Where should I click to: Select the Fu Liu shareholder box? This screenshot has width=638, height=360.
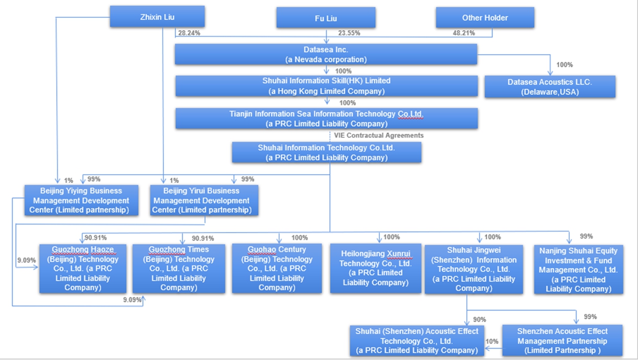[x=326, y=18]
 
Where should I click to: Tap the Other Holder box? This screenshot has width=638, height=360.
[x=485, y=18]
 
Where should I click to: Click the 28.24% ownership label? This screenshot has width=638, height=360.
[x=189, y=32]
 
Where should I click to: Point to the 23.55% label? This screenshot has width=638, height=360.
[x=349, y=32]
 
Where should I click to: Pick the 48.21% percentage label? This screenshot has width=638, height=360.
[x=464, y=32]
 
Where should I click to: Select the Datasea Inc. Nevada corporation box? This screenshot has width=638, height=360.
[x=326, y=54]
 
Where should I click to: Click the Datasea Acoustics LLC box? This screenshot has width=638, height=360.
[x=550, y=87]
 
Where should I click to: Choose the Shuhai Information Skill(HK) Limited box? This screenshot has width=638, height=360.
[x=326, y=86]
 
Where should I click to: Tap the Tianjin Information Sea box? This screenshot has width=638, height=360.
[x=326, y=118]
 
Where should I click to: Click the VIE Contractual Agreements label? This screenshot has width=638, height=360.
[x=379, y=135]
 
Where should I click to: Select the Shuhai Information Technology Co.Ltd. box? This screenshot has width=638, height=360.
[x=326, y=152]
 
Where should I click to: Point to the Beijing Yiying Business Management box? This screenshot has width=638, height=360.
[x=81, y=200]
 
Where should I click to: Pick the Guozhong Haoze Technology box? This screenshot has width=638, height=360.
[x=82, y=268]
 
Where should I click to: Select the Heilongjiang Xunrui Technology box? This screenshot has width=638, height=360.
[x=376, y=268]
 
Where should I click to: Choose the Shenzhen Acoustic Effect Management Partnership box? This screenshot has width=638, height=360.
[x=562, y=341]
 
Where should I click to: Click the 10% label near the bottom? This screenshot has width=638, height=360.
[x=492, y=341]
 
